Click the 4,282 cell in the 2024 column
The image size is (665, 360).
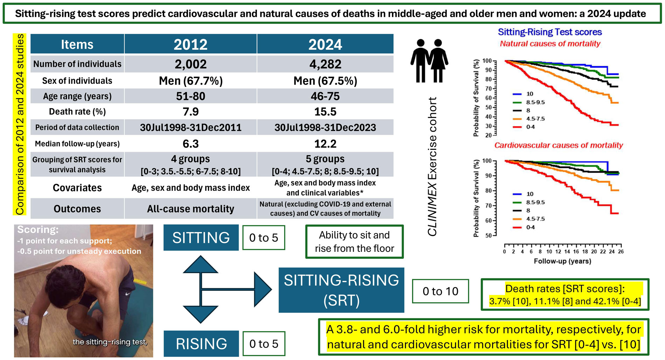pyautogui.click(x=325, y=64)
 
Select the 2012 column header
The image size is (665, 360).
pyautogui.click(x=190, y=44)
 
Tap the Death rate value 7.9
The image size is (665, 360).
pyautogui.click(x=190, y=112)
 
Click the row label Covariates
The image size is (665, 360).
pyautogui.click(x=77, y=188)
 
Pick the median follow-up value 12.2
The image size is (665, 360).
pyautogui.click(x=325, y=144)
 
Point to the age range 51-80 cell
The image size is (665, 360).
pyautogui.click(x=190, y=96)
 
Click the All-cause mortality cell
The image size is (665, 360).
pyautogui.click(x=190, y=209)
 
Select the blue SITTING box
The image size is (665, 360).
pyautogui.click(x=201, y=238)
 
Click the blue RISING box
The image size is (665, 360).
pyautogui.click(x=201, y=344)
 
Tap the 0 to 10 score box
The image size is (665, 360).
pyautogui.click(x=440, y=291)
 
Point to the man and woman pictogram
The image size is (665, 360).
pyautogui.click(x=429, y=61)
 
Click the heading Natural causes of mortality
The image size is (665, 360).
pyautogui.click(x=550, y=44)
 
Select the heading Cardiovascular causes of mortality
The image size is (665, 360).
pyautogui.click(x=558, y=145)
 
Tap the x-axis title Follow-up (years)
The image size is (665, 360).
pyautogui.click(x=562, y=261)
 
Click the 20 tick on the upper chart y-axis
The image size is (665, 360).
pyautogui.click(x=488, y=135)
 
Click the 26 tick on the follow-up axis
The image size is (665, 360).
pyautogui.click(x=621, y=251)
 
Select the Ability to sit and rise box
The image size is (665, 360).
pyautogui.click(x=354, y=242)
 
